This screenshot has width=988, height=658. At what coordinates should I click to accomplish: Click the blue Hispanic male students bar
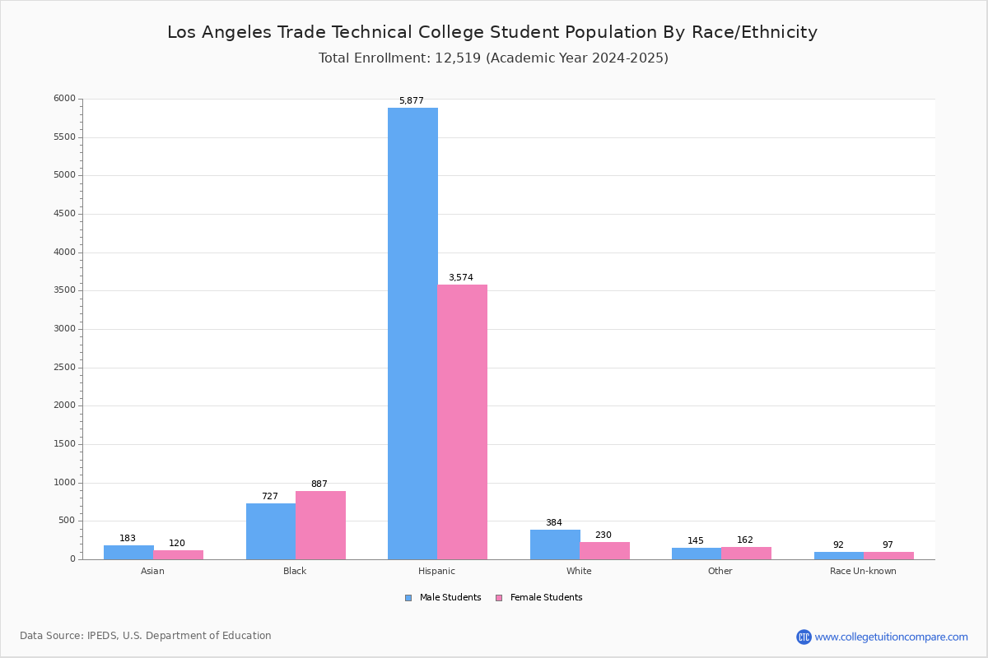coord(412,334)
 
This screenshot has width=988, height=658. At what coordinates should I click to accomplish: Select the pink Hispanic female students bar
coord(462,422)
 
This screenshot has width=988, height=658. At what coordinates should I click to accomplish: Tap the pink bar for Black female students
coord(320,526)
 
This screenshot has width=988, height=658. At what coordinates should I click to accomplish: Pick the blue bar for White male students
coord(555,544)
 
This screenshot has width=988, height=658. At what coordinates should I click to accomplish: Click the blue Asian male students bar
coord(128,553)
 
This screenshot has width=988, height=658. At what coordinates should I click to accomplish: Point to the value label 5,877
coord(412,100)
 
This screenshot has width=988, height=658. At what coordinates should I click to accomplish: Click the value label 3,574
coord(461,277)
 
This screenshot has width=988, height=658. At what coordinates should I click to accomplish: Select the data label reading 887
coord(319,484)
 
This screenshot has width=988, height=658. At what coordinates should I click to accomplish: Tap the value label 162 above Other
coord(745,540)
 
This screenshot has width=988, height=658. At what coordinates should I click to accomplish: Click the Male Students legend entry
coord(443,598)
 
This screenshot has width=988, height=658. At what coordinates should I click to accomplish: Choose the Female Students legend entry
coord(539,598)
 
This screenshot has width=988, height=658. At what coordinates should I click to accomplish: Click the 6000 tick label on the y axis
coord(64,98)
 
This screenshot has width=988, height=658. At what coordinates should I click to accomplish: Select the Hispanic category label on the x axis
coord(436,571)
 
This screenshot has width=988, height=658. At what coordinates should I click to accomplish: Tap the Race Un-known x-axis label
coord(863,571)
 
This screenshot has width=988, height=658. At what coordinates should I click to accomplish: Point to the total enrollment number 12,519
coord(458,58)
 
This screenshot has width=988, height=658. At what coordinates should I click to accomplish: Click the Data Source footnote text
coord(146,636)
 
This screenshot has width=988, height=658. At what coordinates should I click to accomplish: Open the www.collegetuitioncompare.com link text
coord(892,637)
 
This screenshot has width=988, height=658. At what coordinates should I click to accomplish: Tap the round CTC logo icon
coord(804,637)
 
